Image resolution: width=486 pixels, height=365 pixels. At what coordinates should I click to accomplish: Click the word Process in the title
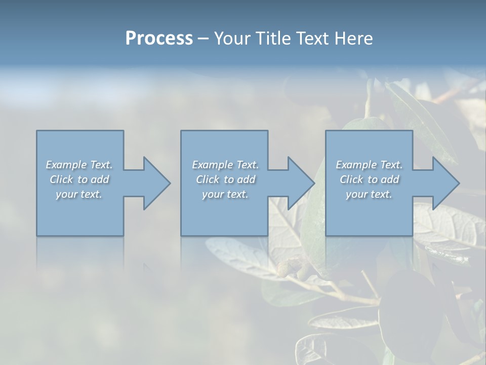159,39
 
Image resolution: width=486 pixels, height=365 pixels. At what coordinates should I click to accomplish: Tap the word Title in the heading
272,39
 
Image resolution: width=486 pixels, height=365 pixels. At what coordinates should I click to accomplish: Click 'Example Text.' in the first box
79,165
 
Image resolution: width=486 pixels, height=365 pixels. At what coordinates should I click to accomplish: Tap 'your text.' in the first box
79,194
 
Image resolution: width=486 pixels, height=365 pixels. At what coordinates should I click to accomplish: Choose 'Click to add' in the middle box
225,179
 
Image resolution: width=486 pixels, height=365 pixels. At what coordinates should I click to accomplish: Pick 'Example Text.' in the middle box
225,165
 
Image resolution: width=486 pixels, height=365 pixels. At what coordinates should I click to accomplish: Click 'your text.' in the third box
369,194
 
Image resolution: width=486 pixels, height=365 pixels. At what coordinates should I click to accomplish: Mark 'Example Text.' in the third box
369,165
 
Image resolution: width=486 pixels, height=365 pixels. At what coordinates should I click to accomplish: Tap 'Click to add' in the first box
79,179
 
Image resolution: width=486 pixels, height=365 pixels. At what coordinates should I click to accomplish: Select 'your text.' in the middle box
225,194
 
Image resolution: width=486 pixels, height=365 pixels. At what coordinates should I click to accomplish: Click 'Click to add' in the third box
369,179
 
